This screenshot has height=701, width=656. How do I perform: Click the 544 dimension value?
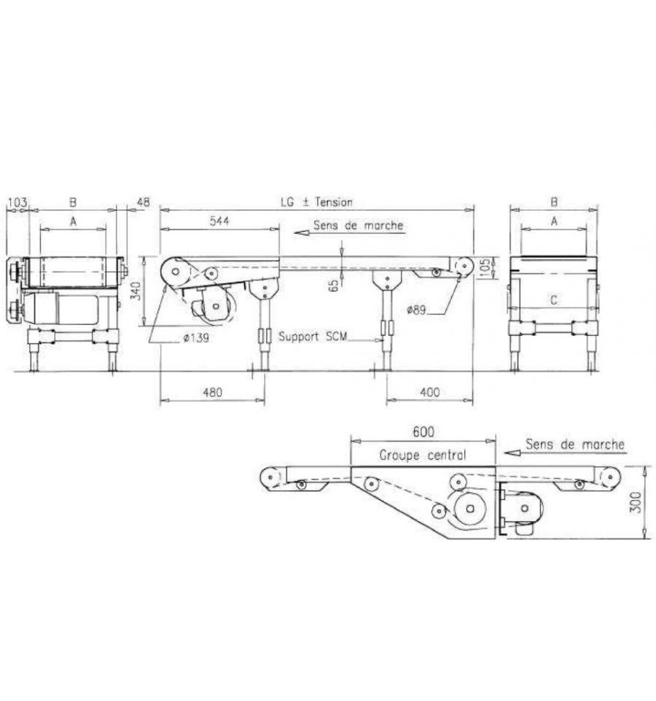point(219,222)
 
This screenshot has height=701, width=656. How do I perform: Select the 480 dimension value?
point(212,393)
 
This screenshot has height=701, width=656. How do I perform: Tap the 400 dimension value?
point(430,393)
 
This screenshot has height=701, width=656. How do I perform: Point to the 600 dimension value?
point(423,432)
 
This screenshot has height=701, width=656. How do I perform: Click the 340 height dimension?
point(138,291)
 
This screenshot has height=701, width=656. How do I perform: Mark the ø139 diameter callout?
point(196,338)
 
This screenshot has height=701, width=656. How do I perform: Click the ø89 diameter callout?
point(416,310)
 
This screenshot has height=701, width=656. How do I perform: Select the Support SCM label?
point(313,336)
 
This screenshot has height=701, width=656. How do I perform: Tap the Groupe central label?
point(423,455)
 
